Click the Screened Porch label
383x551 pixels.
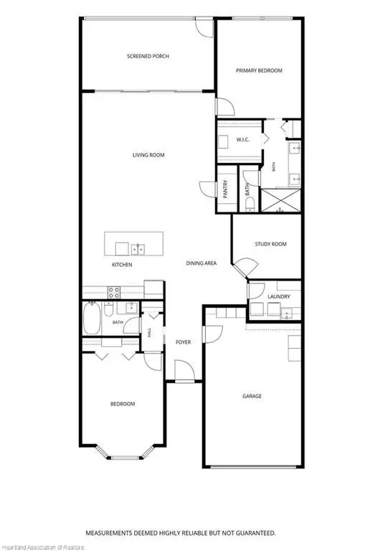coord(148,56)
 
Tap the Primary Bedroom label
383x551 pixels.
coord(259,70)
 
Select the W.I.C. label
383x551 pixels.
coord(243,140)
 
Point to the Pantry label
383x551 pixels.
coord(226,189)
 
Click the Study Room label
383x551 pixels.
coord(270,244)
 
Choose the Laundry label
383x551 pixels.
coord(278,296)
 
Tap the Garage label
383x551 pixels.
coord(252,396)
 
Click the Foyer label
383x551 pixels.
coord(183,342)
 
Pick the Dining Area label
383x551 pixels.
coord(202,263)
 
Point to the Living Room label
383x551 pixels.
coord(148,155)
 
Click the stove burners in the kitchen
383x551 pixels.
coord(114,293)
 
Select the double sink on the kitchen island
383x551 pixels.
coord(138,250)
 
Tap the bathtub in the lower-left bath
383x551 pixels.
coord(92,319)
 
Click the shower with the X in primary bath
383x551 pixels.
coord(280,201)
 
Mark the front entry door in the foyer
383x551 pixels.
coord(184,371)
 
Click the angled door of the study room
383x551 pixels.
coord(245,267)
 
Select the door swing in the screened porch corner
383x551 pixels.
coord(204,28)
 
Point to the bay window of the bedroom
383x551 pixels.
coord(125,453)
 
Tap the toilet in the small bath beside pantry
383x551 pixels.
coord(250,204)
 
